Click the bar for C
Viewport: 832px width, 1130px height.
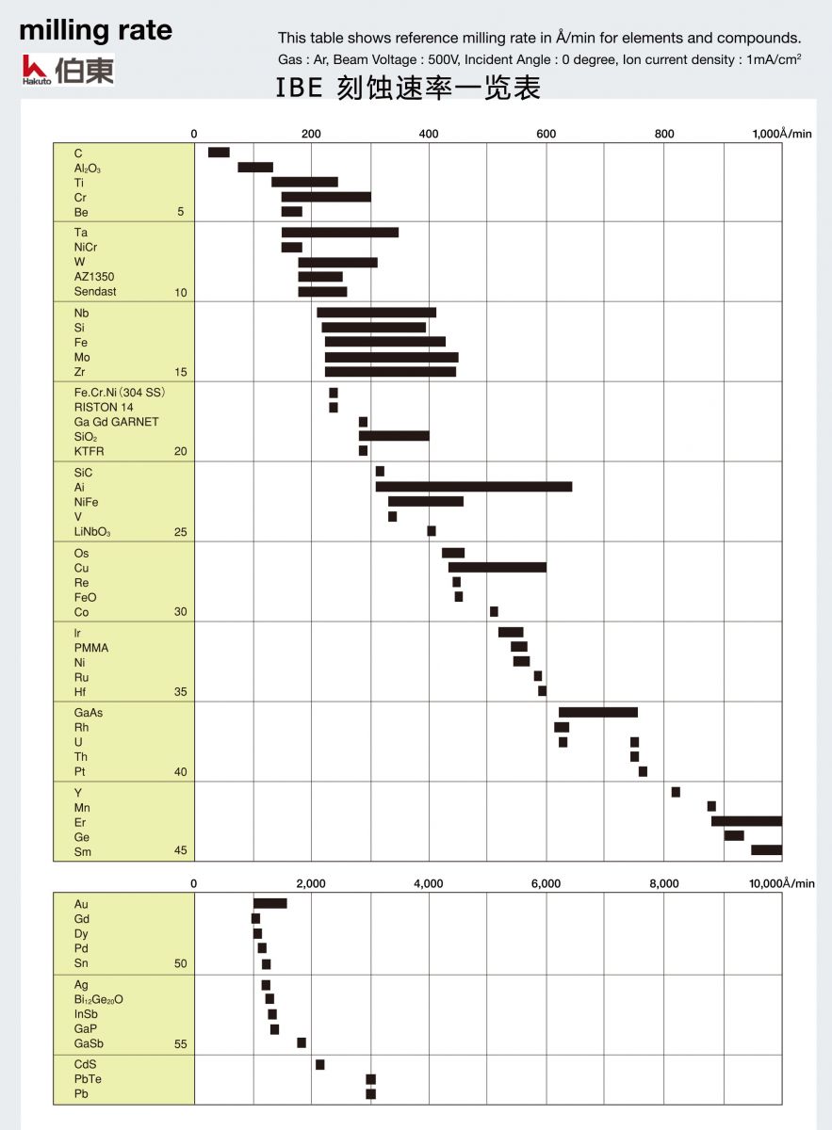[x=219, y=153]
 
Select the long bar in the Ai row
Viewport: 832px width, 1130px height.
[x=473, y=487]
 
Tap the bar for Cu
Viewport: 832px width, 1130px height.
[x=497, y=567]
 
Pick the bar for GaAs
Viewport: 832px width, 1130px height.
[x=597, y=712]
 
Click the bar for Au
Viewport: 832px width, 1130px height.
[x=270, y=903]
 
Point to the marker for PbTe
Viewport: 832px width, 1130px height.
[x=370, y=1079]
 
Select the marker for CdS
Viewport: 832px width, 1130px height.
[x=319, y=1064]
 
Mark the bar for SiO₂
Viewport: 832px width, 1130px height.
[x=394, y=436]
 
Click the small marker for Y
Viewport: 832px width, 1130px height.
[x=676, y=792]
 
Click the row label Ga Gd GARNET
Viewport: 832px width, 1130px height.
[x=117, y=422]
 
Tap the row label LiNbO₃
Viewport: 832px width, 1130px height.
[x=92, y=532]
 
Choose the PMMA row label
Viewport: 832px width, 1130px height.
[x=91, y=648]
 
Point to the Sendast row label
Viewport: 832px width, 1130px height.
[x=96, y=292]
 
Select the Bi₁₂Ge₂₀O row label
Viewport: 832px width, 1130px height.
[x=99, y=999]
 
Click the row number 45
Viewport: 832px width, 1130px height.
[x=181, y=851]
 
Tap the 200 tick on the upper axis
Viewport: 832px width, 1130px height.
[x=311, y=134]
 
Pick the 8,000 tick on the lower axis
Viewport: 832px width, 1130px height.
[x=664, y=883]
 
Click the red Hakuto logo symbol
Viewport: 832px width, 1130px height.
[x=35, y=67]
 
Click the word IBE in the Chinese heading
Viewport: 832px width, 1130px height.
[x=300, y=89]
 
